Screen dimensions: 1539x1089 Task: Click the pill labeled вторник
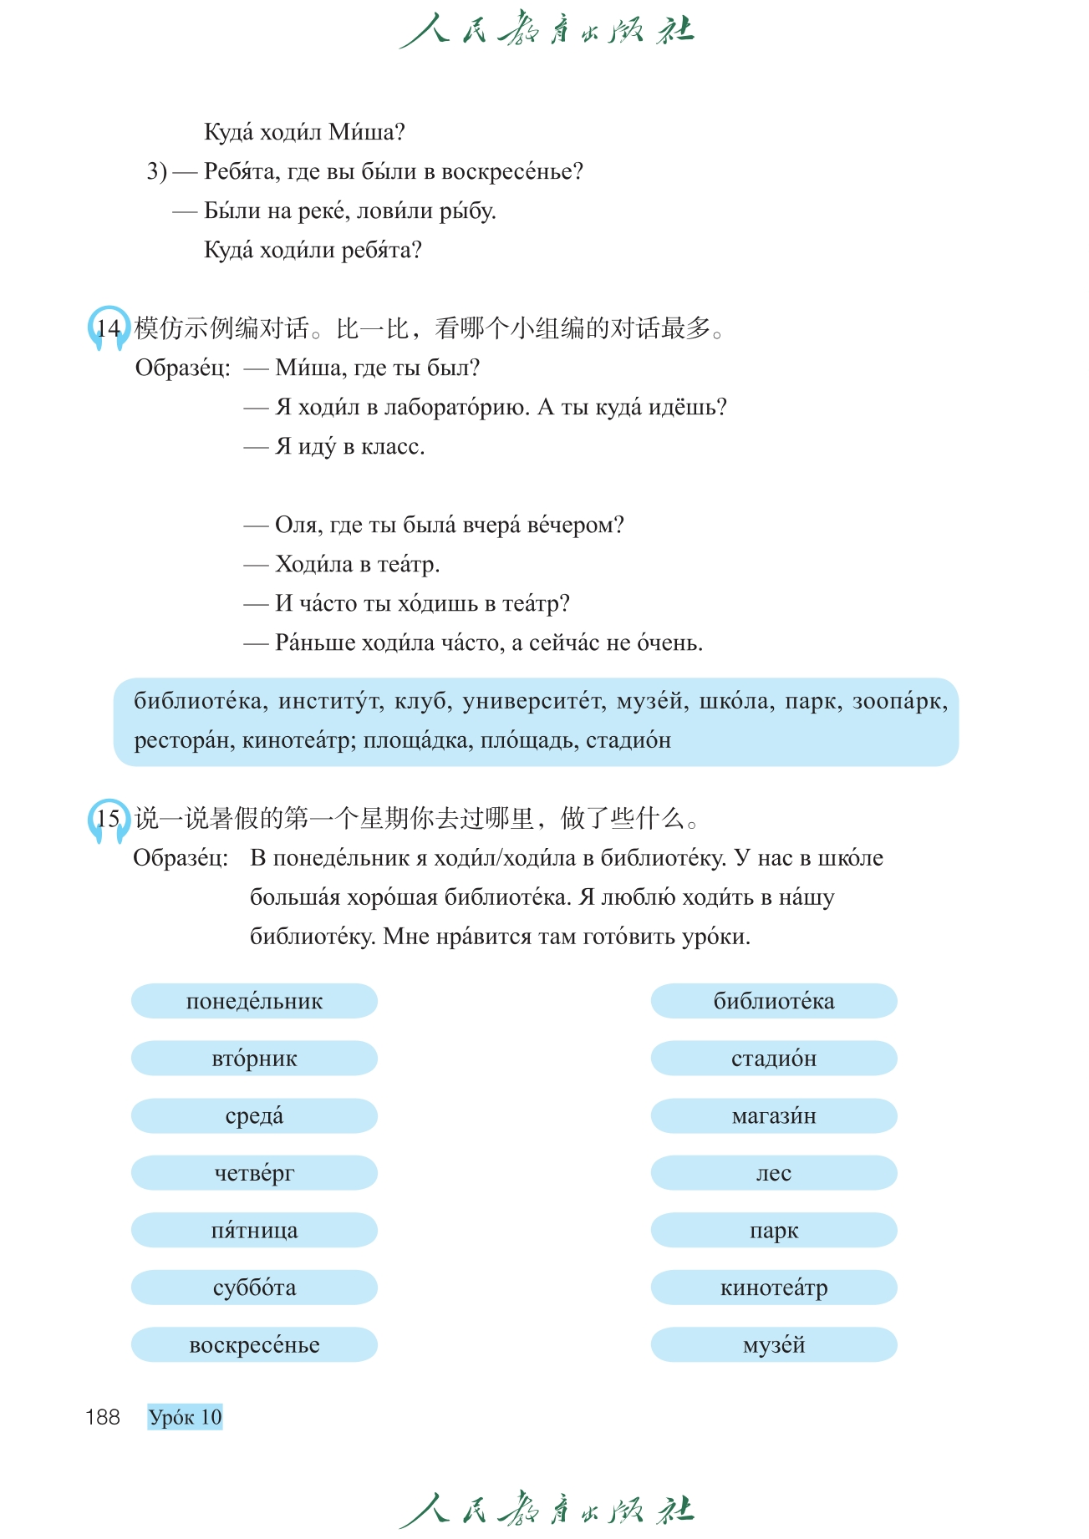point(254,1059)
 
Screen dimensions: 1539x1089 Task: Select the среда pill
point(254,1116)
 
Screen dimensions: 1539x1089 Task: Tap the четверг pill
point(254,1173)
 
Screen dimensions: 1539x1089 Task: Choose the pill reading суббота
point(254,1288)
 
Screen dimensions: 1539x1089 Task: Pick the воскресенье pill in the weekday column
point(254,1345)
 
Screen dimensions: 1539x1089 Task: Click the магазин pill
point(774,1116)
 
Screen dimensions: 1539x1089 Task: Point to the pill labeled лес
point(774,1173)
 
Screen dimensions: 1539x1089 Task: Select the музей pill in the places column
point(774,1345)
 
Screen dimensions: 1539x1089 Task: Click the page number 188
point(103,1417)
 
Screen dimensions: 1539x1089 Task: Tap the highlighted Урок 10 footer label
point(185,1417)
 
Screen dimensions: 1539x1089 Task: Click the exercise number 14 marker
point(108,328)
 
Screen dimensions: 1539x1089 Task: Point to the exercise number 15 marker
point(108,819)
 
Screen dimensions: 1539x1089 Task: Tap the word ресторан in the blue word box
point(183,741)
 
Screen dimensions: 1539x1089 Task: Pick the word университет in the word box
point(533,702)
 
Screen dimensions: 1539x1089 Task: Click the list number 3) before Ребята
point(157,172)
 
